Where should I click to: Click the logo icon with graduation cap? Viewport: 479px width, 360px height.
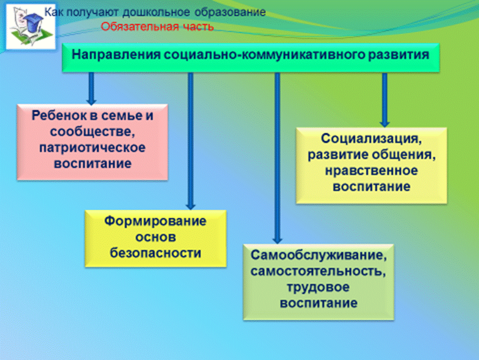click(x=30, y=27)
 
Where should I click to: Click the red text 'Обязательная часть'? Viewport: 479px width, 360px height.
click(x=157, y=27)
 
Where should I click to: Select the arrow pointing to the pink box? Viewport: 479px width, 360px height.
click(x=91, y=89)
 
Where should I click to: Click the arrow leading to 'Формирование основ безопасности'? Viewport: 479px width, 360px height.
click(x=190, y=141)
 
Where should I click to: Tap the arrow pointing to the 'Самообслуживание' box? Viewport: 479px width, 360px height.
click(x=277, y=158)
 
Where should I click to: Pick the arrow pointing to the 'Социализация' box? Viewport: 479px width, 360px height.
click(x=385, y=100)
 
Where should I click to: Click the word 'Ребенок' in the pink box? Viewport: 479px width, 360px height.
click(x=57, y=115)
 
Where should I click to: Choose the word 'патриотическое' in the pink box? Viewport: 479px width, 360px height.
click(x=92, y=148)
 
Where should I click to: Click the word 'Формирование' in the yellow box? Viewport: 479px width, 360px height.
click(x=155, y=221)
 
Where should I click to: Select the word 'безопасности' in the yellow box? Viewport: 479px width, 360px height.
click(x=156, y=253)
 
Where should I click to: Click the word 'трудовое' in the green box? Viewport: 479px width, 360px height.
click(x=318, y=287)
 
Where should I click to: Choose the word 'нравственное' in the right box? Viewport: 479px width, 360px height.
click(x=371, y=171)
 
